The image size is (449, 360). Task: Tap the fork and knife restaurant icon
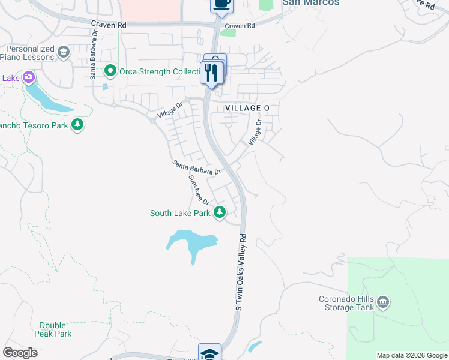212,73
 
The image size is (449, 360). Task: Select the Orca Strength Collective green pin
110,71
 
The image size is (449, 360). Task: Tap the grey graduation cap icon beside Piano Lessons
64,53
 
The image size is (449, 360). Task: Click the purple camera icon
28,77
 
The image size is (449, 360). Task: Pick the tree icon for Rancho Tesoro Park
77,125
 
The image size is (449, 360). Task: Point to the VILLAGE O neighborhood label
247,107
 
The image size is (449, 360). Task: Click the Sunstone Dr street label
199,189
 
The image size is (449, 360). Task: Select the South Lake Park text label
180,213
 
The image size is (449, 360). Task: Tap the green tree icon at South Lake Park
220,212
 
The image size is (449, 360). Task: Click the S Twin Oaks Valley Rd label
241,271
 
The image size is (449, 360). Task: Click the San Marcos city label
310,3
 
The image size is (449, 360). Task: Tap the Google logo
20,353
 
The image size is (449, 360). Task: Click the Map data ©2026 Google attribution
411,355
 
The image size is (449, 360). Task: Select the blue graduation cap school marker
210,352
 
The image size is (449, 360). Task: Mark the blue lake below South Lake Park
191,242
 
